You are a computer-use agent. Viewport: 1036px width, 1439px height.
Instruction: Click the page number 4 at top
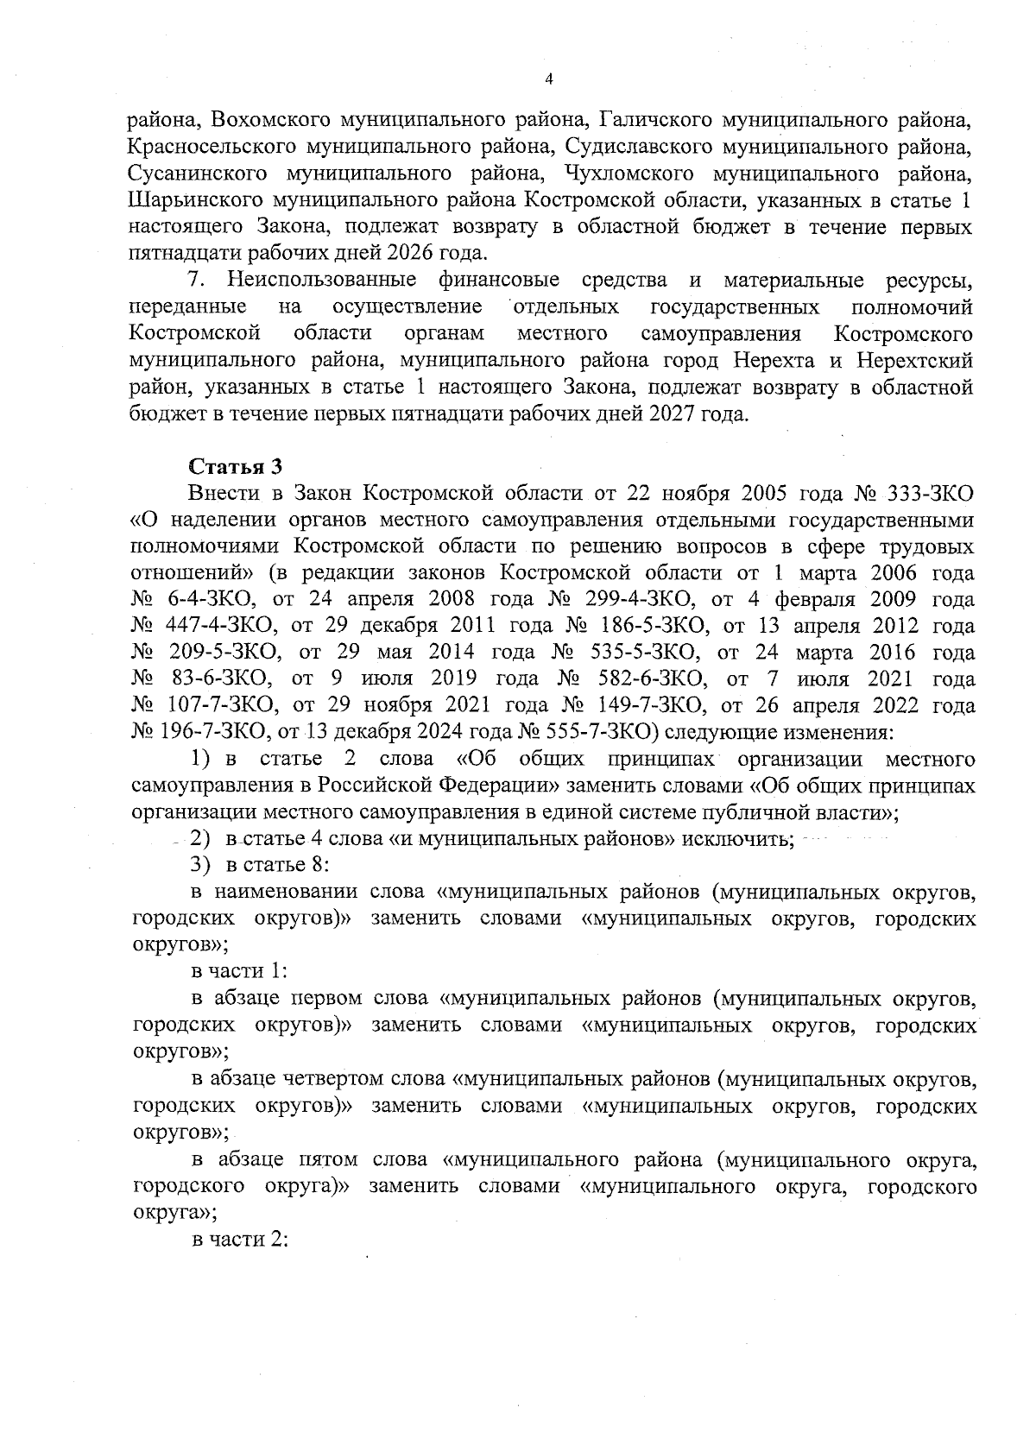coord(549,79)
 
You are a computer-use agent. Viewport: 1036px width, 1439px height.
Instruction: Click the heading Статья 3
coord(235,467)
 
